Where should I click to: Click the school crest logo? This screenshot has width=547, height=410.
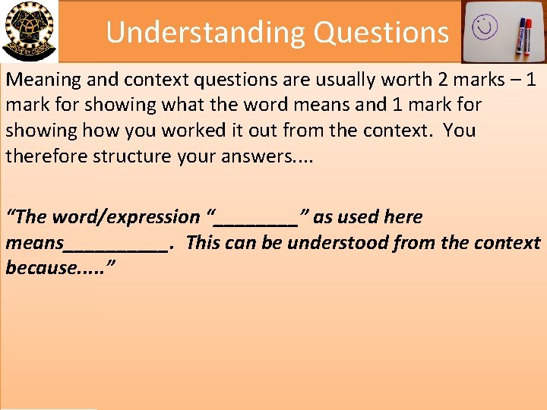coord(28,30)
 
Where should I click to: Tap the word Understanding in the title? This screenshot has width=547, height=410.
coord(205,32)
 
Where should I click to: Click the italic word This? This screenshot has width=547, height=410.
coord(202,243)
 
